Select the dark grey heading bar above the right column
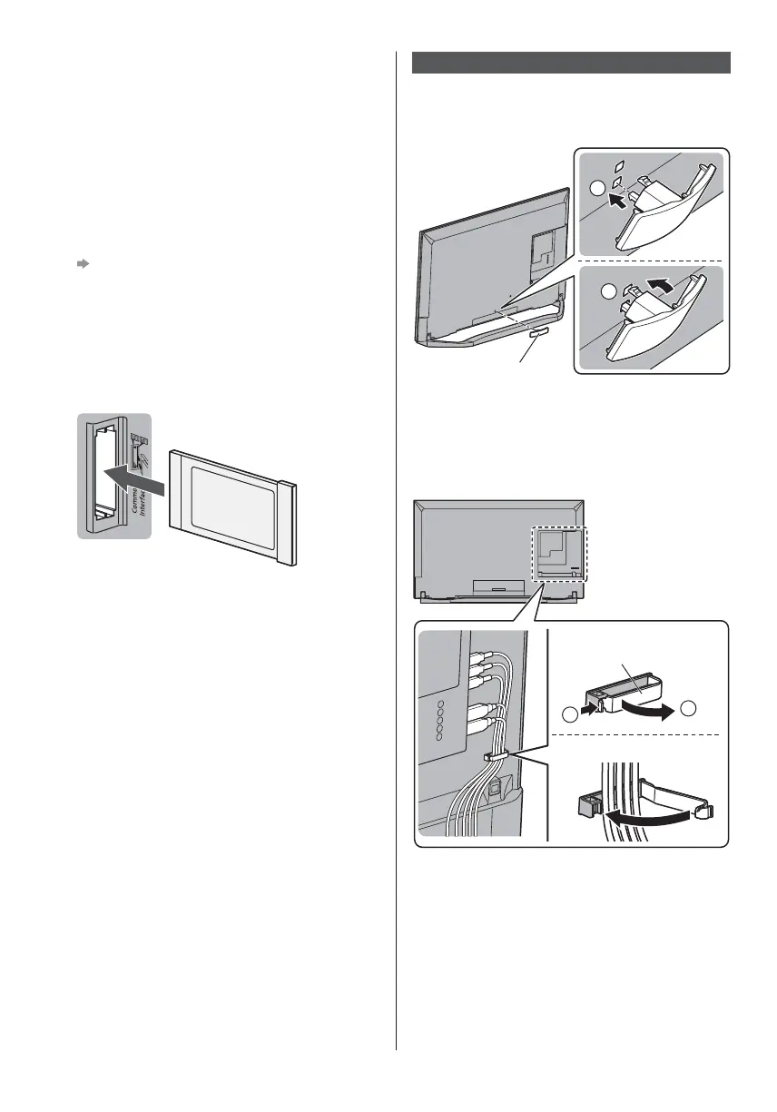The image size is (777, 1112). [x=572, y=62]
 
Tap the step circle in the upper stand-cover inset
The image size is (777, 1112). [x=595, y=190]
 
